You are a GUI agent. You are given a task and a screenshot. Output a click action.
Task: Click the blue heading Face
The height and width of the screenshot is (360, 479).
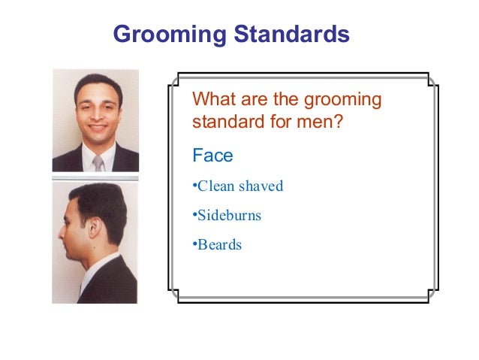(x=213, y=156)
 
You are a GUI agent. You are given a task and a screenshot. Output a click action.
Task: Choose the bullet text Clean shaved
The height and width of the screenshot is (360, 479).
(x=239, y=186)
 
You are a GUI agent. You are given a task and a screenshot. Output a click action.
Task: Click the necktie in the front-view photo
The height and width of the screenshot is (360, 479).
(x=98, y=162)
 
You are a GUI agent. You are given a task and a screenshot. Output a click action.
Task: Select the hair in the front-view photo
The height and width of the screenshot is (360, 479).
(x=97, y=83)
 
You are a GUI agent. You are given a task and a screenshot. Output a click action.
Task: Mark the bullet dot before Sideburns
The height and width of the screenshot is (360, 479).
(x=194, y=216)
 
